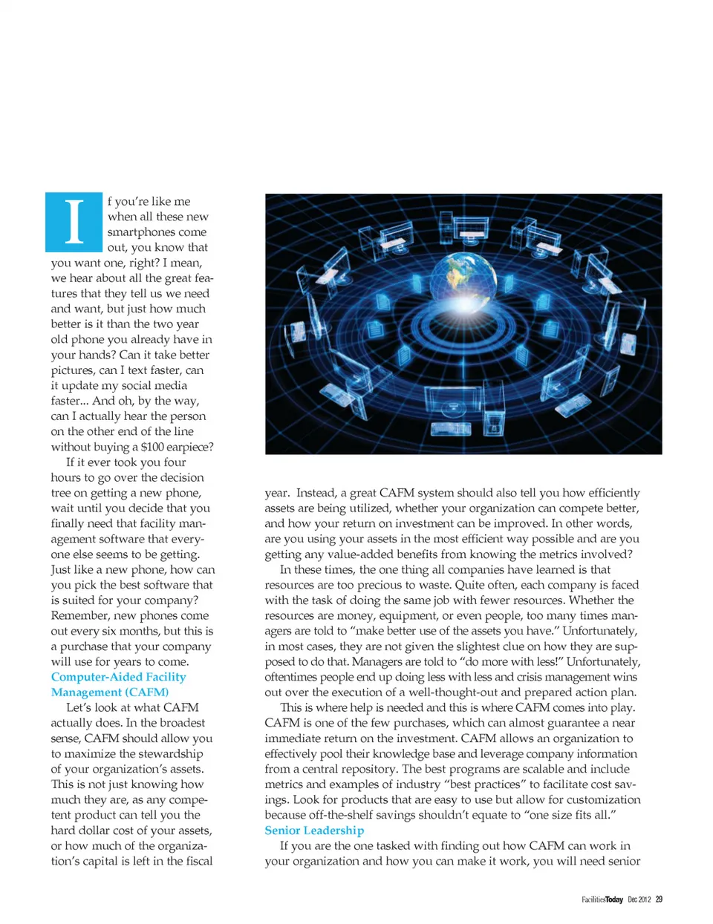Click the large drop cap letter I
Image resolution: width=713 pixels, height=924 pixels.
[x=74, y=222]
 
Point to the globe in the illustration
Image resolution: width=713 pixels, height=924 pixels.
[x=463, y=278]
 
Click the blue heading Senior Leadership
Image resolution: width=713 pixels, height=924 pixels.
[x=314, y=830]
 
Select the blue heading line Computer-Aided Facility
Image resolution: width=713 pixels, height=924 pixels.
[x=118, y=677]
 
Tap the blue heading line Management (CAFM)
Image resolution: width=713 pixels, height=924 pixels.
[x=110, y=692]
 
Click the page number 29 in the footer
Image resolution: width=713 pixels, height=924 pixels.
[x=659, y=900]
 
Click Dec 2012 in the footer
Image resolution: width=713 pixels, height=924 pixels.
[x=639, y=900]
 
